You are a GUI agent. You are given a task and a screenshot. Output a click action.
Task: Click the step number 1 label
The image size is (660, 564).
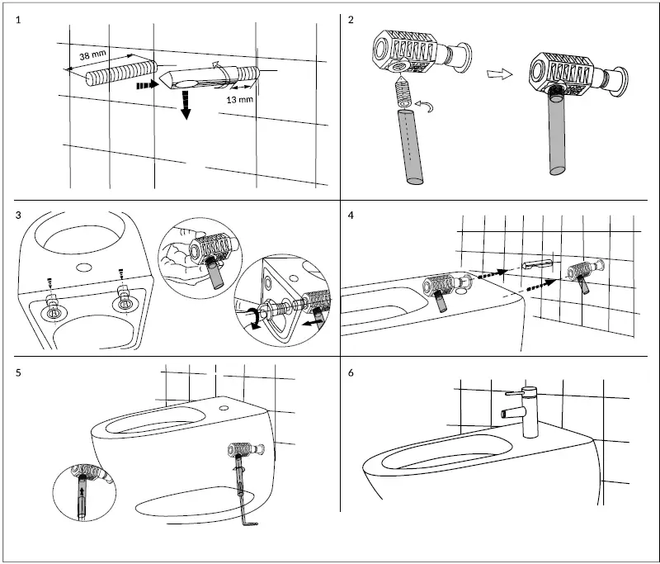(19, 20)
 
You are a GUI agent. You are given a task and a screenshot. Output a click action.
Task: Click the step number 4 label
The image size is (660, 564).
(351, 216)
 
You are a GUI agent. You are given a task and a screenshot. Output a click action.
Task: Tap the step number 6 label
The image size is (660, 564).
(351, 372)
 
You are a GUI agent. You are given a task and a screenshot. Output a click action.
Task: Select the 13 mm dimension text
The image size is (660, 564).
(239, 99)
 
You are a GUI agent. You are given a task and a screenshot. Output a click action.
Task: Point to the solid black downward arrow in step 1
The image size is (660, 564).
(186, 106)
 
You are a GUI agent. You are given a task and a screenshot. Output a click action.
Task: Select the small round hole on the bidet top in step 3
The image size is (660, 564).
(83, 267)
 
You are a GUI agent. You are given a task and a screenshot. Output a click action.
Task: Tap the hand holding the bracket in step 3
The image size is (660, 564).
(186, 257)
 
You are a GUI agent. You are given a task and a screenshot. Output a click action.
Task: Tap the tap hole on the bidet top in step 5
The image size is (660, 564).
(226, 407)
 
